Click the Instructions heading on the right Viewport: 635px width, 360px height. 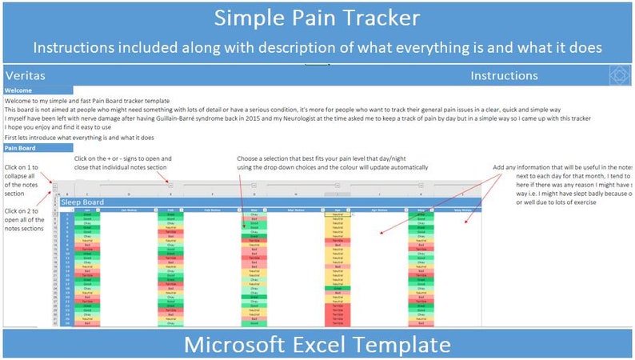(504, 75)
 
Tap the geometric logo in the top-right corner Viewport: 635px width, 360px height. (621, 75)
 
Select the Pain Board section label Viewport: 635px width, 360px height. (22, 148)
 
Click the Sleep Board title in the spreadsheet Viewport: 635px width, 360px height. (82, 203)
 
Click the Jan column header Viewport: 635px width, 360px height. (86, 210)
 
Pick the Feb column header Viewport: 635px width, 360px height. (170, 210)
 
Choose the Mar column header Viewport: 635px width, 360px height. (253, 210)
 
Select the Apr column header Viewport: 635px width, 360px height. (337, 210)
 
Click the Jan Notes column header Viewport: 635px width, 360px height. (128, 210)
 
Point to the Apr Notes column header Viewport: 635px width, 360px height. (378, 210)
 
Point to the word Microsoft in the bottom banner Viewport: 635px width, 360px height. (238, 345)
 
